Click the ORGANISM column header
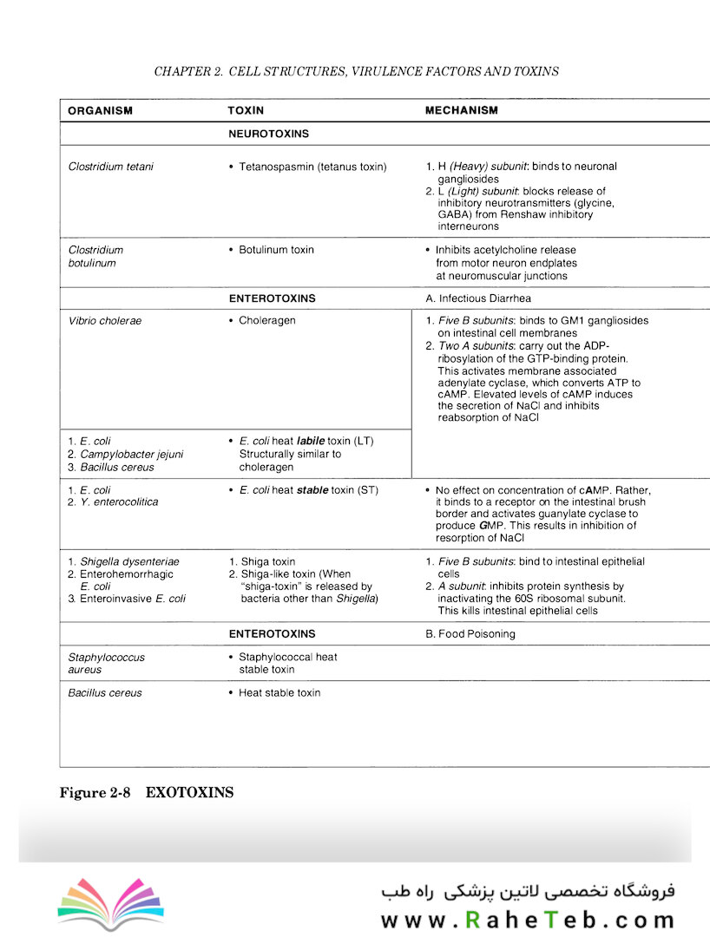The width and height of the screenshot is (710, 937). pos(100,111)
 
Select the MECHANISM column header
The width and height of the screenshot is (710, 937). pos(462,111)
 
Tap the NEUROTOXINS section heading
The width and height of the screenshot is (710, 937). pos(269,134)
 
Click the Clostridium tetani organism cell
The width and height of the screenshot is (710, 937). pos(110,167)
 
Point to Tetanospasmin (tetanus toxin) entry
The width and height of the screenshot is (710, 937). pos(312,167)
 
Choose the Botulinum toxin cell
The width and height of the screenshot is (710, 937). pos(276,250)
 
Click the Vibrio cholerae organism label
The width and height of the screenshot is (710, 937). pos(104,321)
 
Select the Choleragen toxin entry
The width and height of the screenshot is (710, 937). pos(266,321)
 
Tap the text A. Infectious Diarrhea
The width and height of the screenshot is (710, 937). pos(478,298)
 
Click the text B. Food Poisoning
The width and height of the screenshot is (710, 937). pos(470,634)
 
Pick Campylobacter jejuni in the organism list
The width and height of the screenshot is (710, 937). pos(130,454)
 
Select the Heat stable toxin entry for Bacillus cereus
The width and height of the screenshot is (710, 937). pos(279,693)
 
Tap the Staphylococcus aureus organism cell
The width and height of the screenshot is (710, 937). pos(106,664)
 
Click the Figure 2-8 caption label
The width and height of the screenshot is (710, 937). pos(95,793)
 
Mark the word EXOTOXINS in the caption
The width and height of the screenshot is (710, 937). pos(190,793)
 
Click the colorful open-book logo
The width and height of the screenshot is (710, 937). pos(110,905)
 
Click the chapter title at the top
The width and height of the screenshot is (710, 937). pos(356,71)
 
